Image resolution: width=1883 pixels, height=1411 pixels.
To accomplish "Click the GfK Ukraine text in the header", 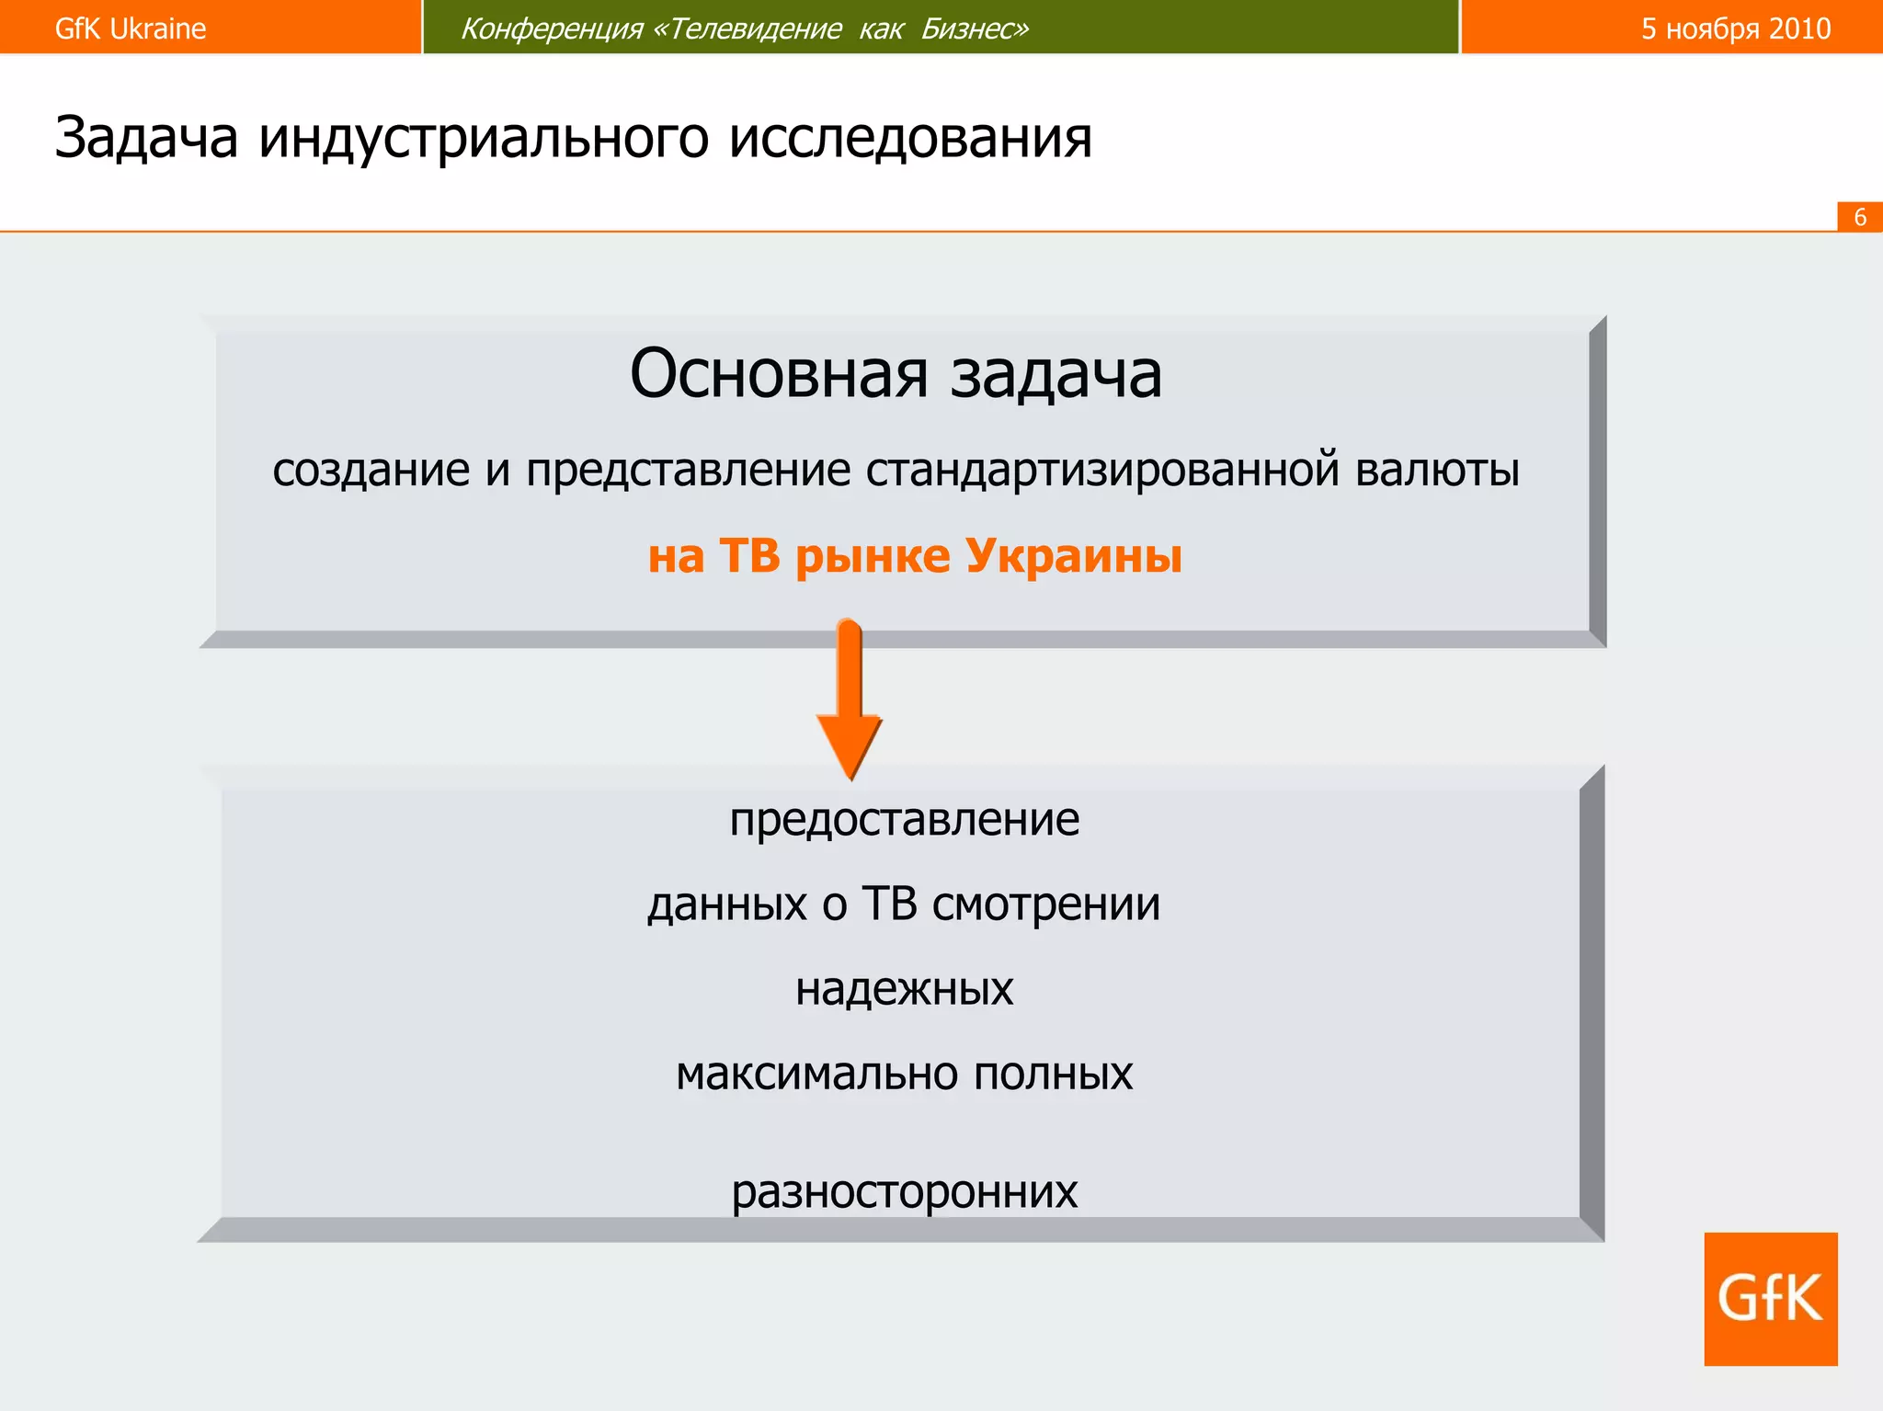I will click(130, 28).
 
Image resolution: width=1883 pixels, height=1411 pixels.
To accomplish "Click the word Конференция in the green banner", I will click(551, 29).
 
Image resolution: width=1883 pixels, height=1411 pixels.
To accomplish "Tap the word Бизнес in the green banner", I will click(975, 29).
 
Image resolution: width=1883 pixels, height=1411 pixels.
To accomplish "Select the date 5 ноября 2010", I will click(1735, 28).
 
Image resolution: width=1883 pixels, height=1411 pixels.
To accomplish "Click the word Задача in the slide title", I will click(146, 138).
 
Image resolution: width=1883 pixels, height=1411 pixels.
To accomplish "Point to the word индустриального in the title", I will click(484, 138).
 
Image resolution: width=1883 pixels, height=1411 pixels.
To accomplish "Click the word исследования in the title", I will click(910, 138).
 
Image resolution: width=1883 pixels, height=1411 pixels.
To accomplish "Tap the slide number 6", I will click(1859, 217).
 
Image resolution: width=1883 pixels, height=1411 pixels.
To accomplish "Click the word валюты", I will click(1437, 470).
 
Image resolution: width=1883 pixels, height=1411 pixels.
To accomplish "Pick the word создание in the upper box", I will click(371, 470).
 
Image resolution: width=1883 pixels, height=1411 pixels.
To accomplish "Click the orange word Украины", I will click(1073, 555).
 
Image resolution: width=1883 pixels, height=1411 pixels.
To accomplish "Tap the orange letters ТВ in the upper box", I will click(749, 555).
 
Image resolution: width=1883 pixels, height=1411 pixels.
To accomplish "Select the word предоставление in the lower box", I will click(904, 819).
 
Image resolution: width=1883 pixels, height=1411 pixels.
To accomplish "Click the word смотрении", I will click(1045, 904).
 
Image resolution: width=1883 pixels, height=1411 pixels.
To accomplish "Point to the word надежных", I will click(904, 989).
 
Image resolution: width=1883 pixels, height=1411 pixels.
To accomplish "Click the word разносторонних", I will click(904, 1191).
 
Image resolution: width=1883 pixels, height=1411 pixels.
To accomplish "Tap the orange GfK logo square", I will click(1770, 1298).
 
